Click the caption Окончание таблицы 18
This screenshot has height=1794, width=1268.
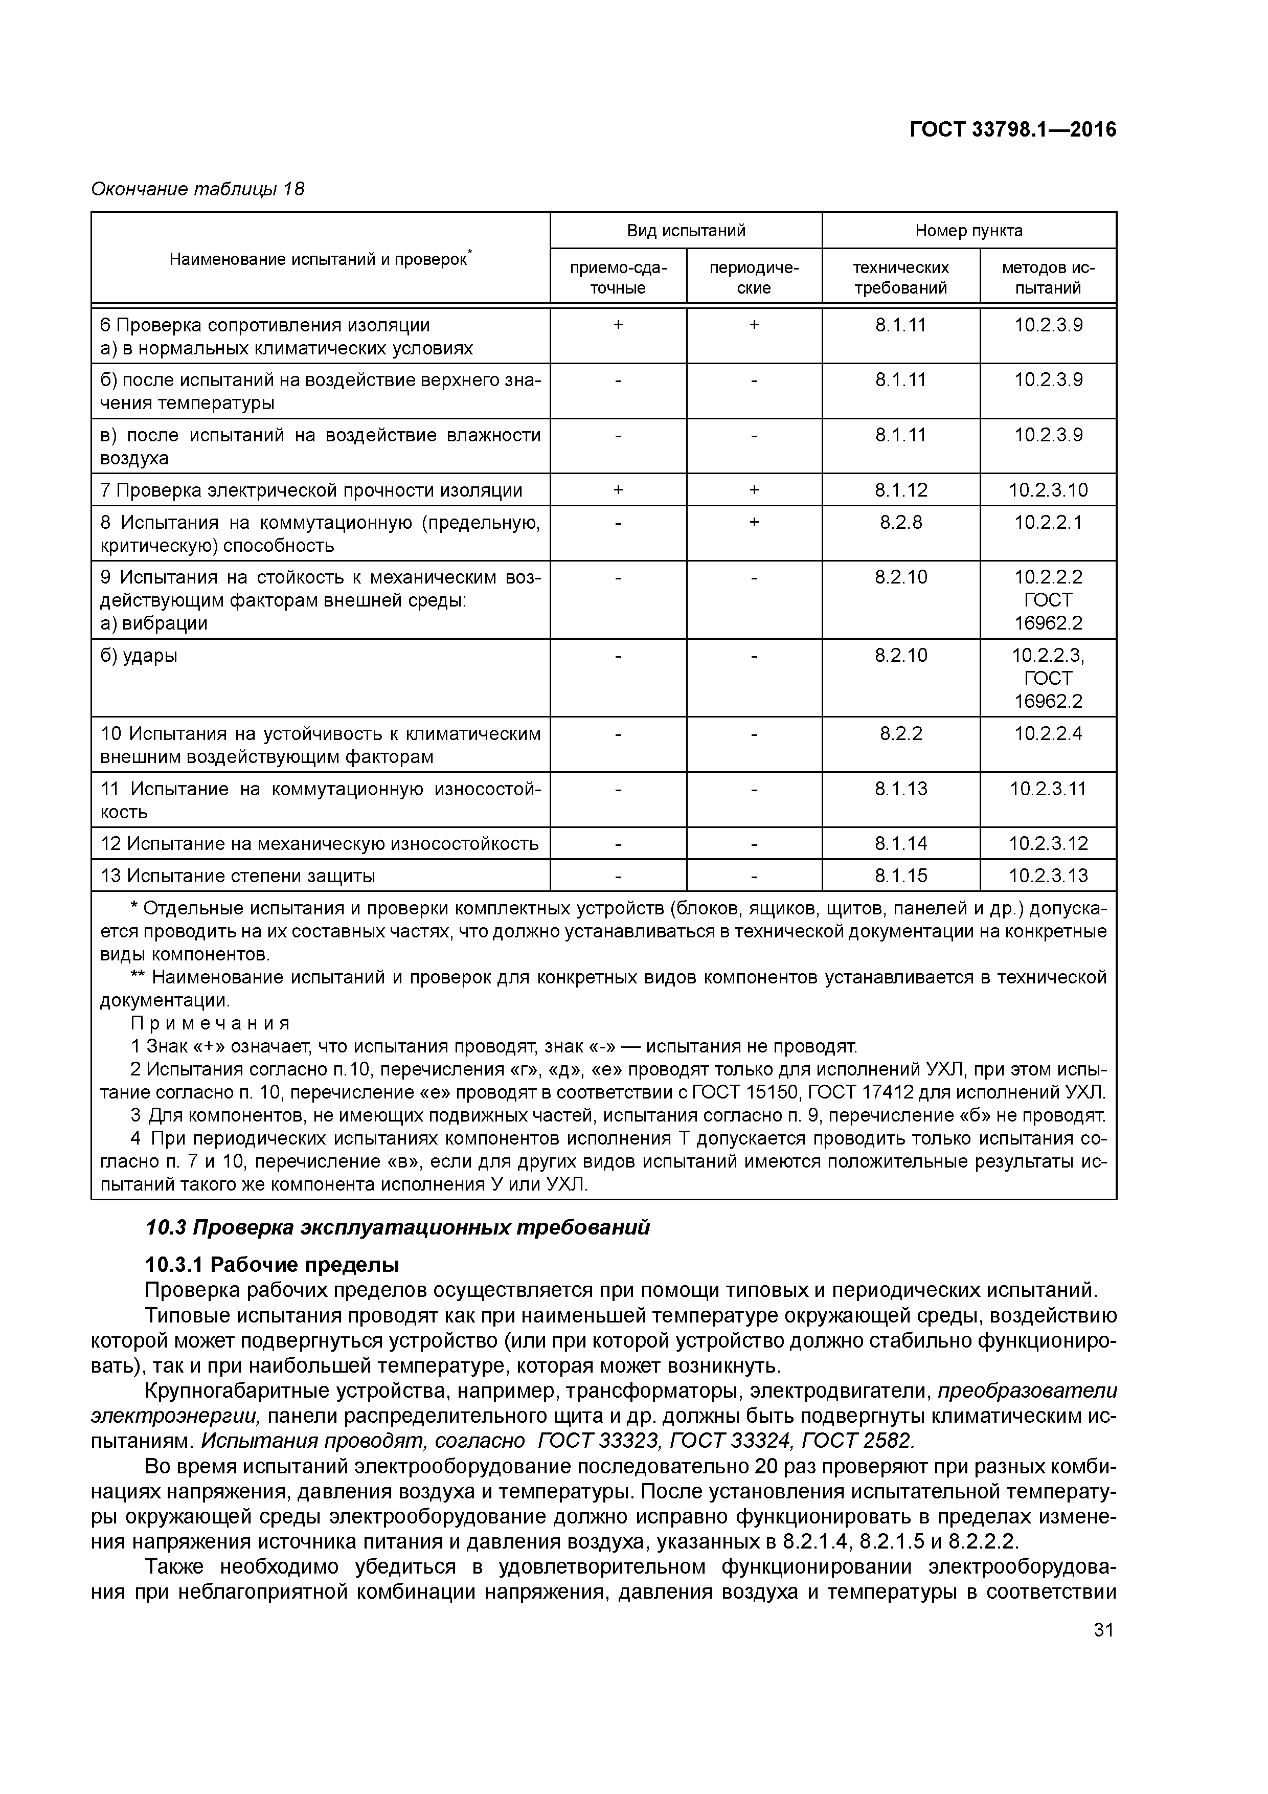coord(198,189)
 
